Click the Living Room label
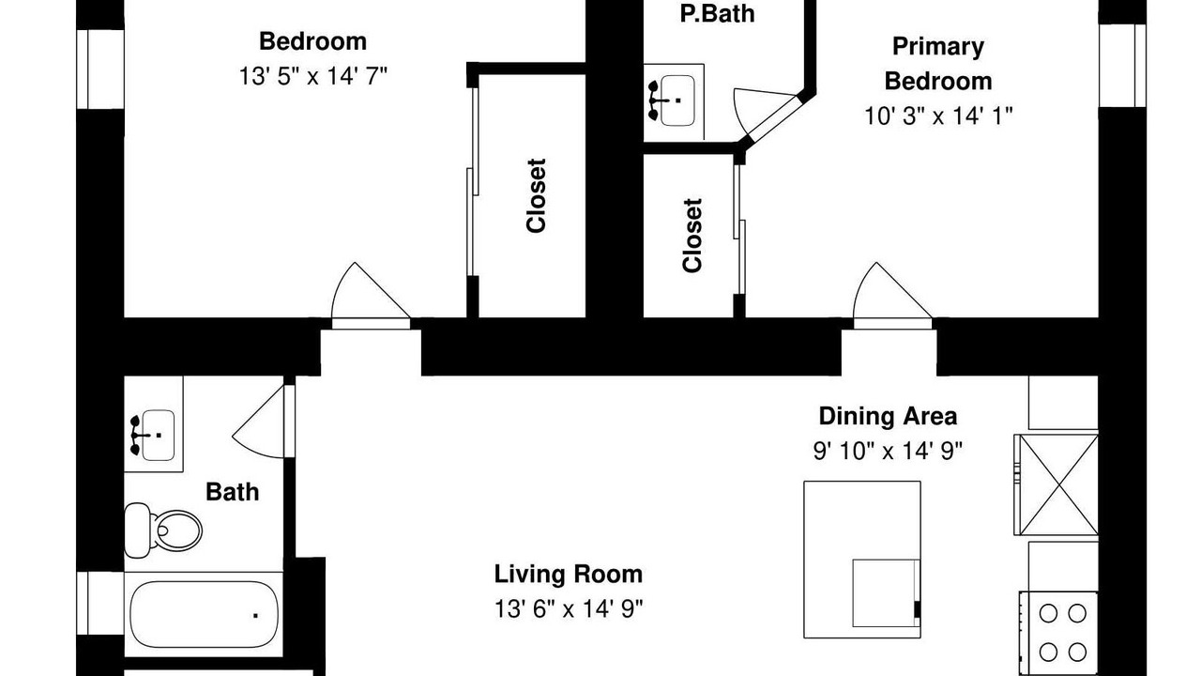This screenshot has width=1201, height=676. point(569,574)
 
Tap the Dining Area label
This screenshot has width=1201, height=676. point(888,416)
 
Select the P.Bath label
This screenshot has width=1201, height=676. point(718,14)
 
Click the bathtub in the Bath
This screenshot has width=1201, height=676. point(204,614)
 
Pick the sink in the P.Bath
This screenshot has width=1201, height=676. point(674,100)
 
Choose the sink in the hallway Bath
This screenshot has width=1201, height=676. point(154,435)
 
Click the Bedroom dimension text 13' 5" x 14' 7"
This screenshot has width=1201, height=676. point(312,76)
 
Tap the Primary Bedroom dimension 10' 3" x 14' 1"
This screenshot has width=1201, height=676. point(938,115)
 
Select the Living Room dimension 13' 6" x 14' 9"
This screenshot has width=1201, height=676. point(569,609)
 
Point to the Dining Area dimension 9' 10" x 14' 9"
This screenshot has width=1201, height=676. point(888,451)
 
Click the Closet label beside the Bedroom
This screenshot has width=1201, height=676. point(536,196)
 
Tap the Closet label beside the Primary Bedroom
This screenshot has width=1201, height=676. point(692,236)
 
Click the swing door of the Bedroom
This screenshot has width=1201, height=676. point(371,296)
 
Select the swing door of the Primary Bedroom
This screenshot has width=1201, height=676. point(892,296)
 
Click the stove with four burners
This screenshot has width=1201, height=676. point(1059,634)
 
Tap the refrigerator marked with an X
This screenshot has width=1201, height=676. point(1057,485)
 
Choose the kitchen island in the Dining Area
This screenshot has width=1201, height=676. point(862,560)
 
